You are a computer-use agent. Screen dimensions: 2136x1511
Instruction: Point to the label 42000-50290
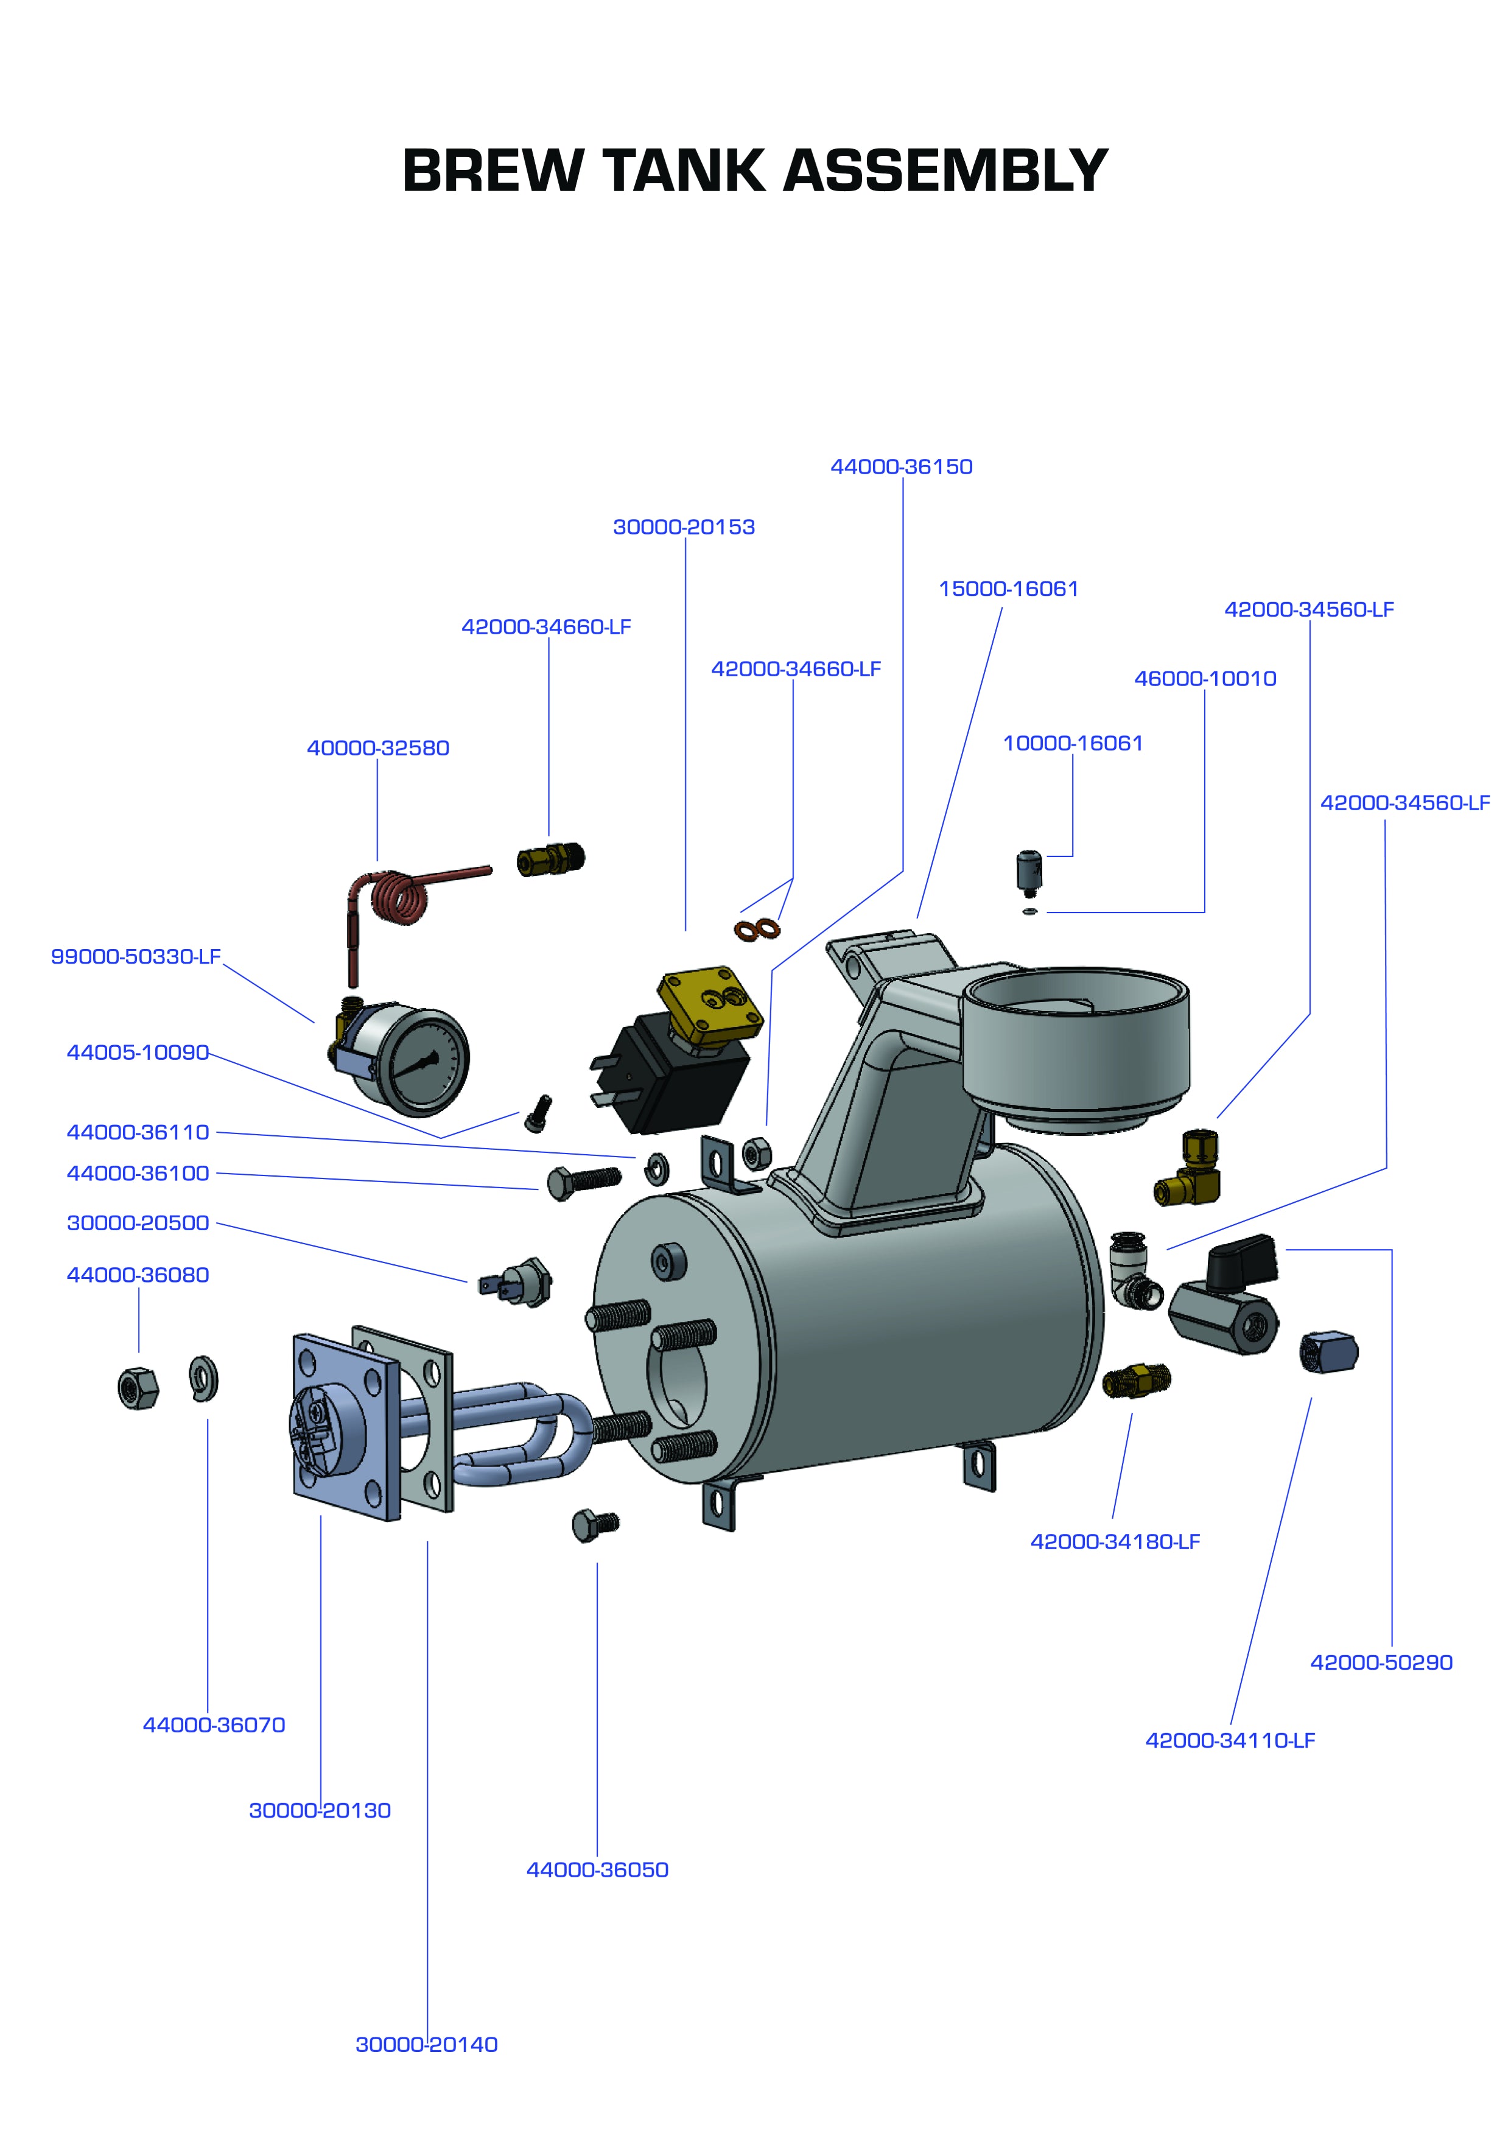click(x=1381, y=1662)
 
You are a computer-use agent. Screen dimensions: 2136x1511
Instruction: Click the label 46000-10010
click(x=1205, y=679)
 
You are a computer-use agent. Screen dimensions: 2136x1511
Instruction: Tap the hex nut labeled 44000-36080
click(x=138, y=1389)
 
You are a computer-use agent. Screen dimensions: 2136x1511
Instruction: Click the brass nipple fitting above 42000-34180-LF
click(x=1135, y=1381)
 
